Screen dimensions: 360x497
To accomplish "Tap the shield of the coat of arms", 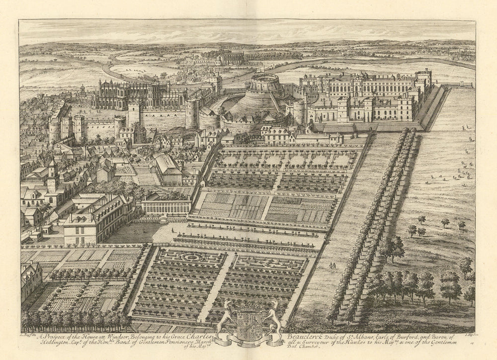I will click(x=248, y=326).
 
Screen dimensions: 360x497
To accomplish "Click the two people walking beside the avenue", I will click(x=332, y=266).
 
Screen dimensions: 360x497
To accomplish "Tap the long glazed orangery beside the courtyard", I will click(x=166, y=206).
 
